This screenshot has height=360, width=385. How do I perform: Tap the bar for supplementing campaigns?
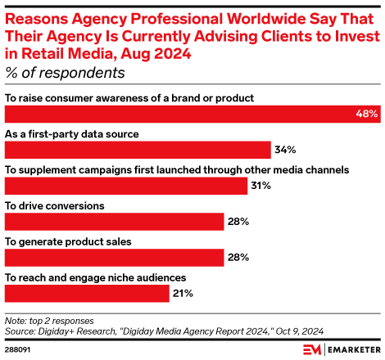(x=126, y=186)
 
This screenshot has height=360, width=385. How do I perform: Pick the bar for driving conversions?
(x=115, y=222)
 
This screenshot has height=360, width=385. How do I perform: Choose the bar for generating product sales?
(x=115, y=258)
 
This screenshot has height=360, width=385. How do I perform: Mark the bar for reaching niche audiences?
(x=87, y=294)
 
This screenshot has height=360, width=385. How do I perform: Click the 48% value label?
(x=367, y=114)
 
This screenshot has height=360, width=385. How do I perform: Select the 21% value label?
(x=183, y=294)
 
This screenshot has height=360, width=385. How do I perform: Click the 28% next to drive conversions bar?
(x=238, y=222)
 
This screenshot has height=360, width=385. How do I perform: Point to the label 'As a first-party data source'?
(x=71, y=133)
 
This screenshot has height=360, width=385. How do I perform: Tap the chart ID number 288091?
(x=19, y=350)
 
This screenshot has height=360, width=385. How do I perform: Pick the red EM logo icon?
(x=312, y=350)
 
